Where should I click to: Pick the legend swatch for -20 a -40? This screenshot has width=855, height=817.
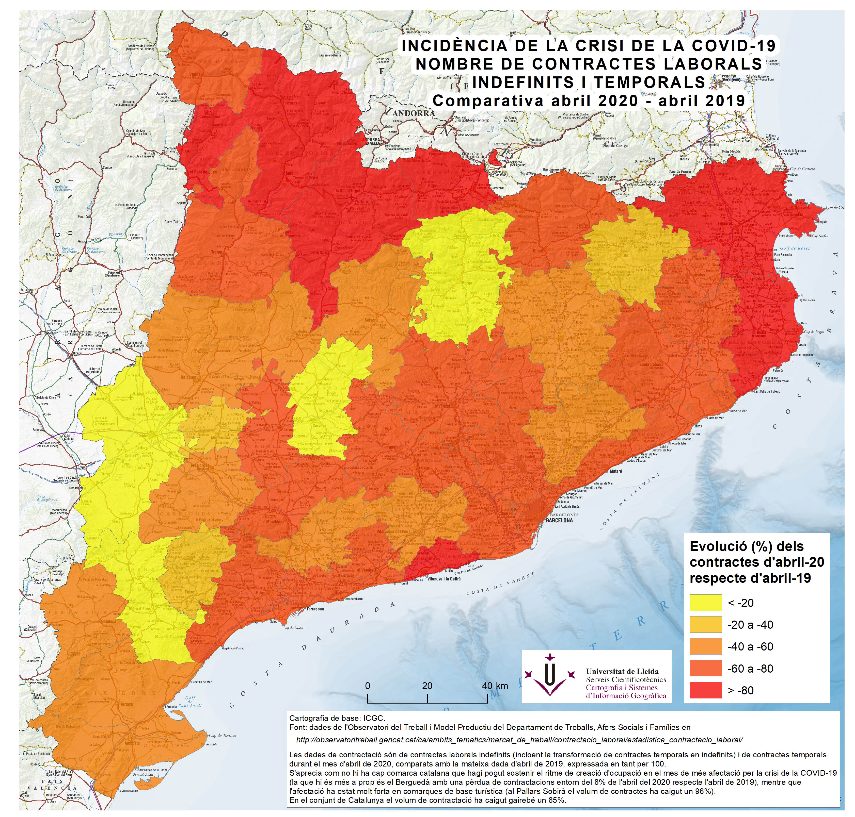(x=705, y=625)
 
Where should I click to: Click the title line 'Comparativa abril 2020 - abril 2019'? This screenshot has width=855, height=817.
(x=588, y=101)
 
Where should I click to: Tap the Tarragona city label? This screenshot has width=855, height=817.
(x=315, y=609)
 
